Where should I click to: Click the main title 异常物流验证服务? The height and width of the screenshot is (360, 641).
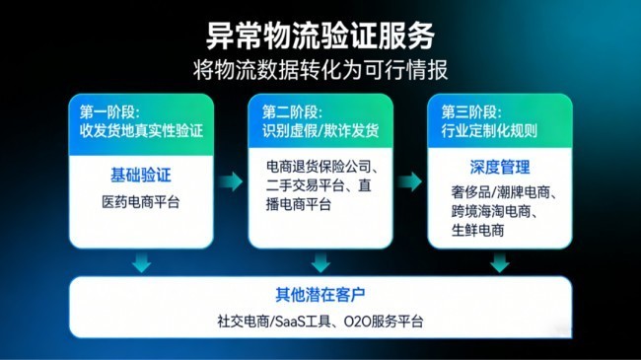tap(320, 36)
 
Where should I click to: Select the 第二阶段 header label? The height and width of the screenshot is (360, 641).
tap(290, 109)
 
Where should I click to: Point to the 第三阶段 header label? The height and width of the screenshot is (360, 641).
tap(463, 109)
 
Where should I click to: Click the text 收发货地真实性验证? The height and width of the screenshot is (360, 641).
tap(140, 128)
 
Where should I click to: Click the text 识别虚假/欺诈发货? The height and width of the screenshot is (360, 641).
tap(318, 128)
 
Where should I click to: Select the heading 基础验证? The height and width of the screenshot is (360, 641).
tap(140, 175)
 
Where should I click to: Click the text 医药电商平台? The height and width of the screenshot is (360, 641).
tap(141, 201)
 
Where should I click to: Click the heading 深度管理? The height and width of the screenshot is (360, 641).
tap(500, 167)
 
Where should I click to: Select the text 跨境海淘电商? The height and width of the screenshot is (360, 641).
tap(493, 210)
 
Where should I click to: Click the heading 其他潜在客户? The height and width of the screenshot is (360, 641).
tap(320, 294)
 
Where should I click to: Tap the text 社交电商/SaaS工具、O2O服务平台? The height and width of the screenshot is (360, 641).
tap(320, 321)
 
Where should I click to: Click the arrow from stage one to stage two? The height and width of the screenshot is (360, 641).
tap(231, 181)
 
